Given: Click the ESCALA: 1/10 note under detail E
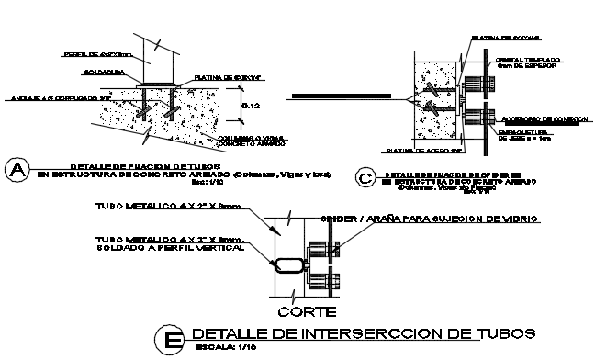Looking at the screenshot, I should pos(226,347).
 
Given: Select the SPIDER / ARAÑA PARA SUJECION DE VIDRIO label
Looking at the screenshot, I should pos(430,219).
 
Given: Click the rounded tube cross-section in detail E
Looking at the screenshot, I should pos(286,264).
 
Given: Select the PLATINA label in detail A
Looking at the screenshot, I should pos(225,78).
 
